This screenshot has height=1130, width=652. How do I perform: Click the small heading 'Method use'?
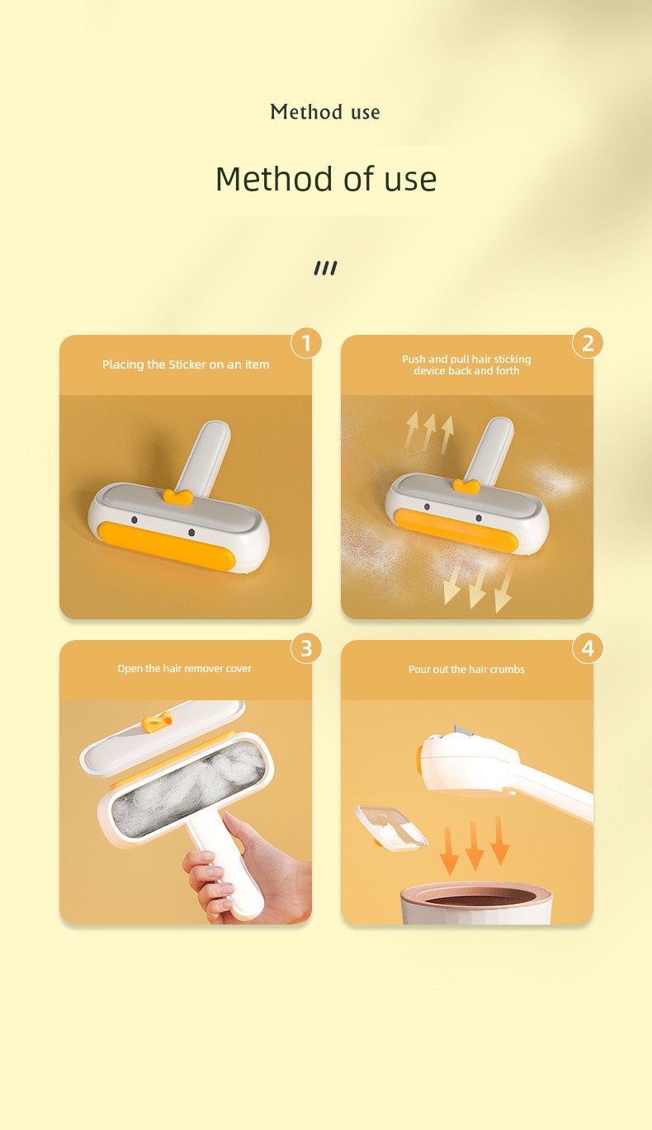(x=325, y=111)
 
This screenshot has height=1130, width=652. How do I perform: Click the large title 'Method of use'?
(x=326, y=179)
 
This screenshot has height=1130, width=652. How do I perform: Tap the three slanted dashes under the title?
(x=325, y=268)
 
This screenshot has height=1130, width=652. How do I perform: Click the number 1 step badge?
(x=306, y=343)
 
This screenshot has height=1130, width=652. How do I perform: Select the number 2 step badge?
(x=588, y=343)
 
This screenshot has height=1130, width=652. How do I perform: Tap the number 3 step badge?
(x=306, y=648)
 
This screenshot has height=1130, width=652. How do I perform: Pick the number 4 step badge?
(x=588, y=648)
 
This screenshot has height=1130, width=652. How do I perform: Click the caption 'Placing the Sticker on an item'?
(x=186, y=365)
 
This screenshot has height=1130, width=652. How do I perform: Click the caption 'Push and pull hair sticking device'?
(x=466, y=365)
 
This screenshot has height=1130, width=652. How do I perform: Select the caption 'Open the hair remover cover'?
(x=184, y=669)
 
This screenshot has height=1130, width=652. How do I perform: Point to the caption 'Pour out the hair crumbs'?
(x=466, y=670)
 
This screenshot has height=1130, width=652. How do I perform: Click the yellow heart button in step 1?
(x=177, y=497)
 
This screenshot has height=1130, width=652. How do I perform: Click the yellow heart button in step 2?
(x=466, y=486)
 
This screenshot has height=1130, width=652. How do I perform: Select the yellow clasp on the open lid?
(x=157, y=723)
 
